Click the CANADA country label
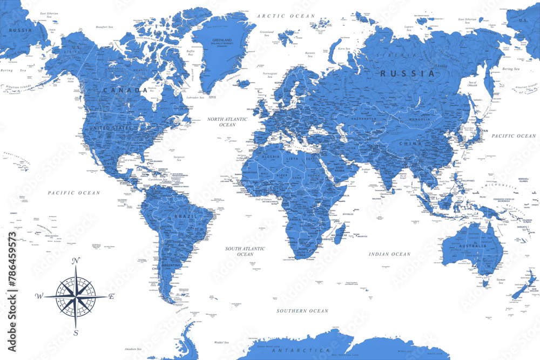(125, 90)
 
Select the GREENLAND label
(222, 40)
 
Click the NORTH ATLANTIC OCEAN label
(227, 121)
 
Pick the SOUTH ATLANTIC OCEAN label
(245, 251)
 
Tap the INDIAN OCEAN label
(390, 254)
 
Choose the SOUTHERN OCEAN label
(302, 311)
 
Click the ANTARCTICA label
(294, 350)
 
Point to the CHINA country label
(410, 144)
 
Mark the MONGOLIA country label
(420, 119)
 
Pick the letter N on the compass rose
(76, 261)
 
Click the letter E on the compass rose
(112, 296)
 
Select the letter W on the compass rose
(39, 296)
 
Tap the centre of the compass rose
(76, 296)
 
